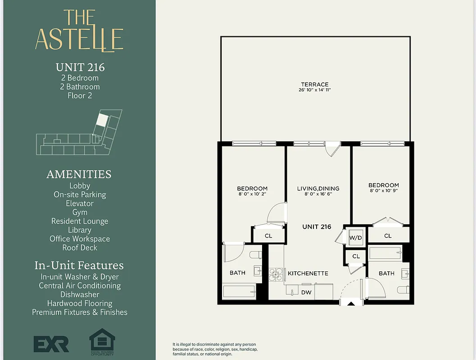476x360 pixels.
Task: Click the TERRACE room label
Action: (x=315, y=84)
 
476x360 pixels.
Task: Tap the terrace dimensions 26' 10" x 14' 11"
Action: (x=315, y=90)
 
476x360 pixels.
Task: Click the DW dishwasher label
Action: (x=306, y=292)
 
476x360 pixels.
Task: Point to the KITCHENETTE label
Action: (x=308, y=273)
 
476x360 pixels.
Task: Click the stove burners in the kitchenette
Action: (x=275, y=274)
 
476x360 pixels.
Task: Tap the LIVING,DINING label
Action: (x=318, y=189)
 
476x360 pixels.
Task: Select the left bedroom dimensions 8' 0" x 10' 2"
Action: (x=252, y=194)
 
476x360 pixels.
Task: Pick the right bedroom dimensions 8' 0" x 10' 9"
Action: (x=383, y=191)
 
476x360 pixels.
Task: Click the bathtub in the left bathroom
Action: (x=239, y=292)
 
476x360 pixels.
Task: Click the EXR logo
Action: (x=51, y=343)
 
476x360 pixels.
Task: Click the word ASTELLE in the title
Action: (x=79, y=39)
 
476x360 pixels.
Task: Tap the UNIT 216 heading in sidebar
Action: (x=80, y=67)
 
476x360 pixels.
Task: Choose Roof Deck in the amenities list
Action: (x=80, y=247)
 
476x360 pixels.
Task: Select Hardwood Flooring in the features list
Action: (x=80, y=303)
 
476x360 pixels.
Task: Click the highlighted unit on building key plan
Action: (x=103, y=120)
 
